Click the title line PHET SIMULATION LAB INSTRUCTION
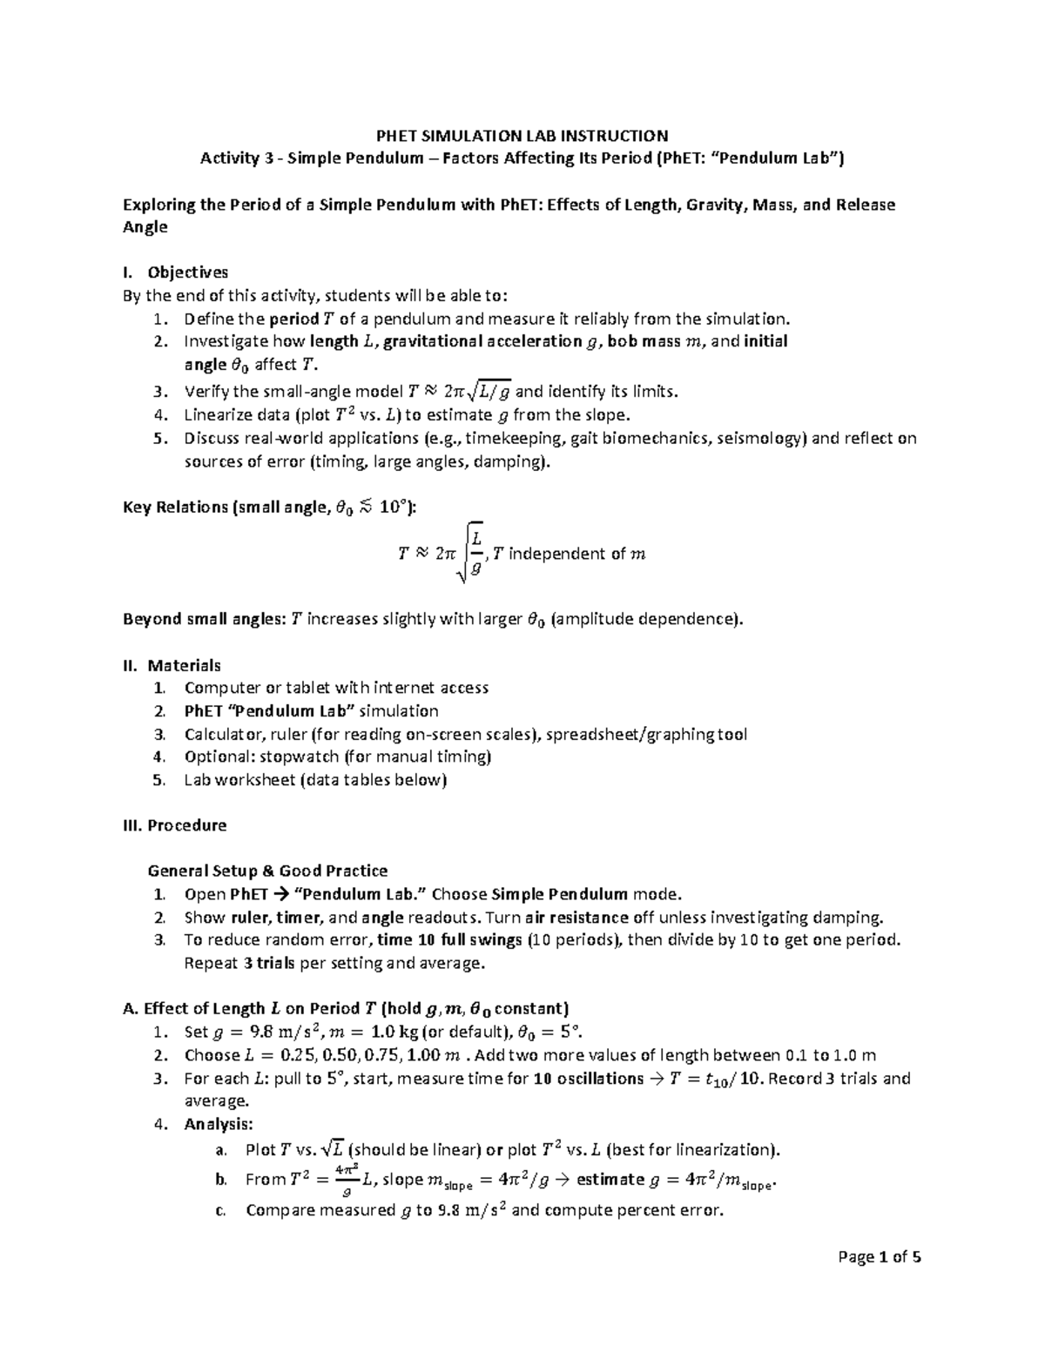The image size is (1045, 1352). (x=522, y=136)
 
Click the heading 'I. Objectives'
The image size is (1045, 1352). (x=175, y=272)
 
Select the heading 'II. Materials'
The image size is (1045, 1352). (x=172, y=666)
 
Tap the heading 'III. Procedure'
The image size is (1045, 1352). (x=175, y=825)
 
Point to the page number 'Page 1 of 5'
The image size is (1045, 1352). (x=880, y=1257)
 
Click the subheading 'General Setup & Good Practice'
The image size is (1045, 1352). (x=267, y=871)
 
